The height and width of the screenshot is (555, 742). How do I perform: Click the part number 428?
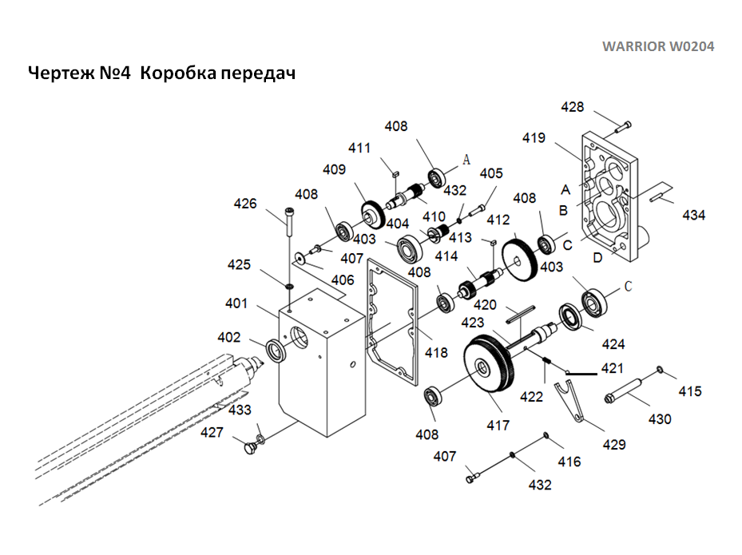coord(573,107)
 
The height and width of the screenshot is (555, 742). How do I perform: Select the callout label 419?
coord(534,137)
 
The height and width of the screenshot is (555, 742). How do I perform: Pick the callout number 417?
coord(498,426)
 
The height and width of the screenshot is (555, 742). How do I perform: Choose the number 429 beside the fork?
coord(613,444)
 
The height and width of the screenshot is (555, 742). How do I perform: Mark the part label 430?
coord(660,418)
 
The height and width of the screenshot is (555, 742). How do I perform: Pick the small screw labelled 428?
coord(624,125)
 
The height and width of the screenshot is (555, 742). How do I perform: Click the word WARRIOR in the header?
coord(632,46)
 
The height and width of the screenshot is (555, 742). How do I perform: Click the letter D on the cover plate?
coord(598,257)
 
